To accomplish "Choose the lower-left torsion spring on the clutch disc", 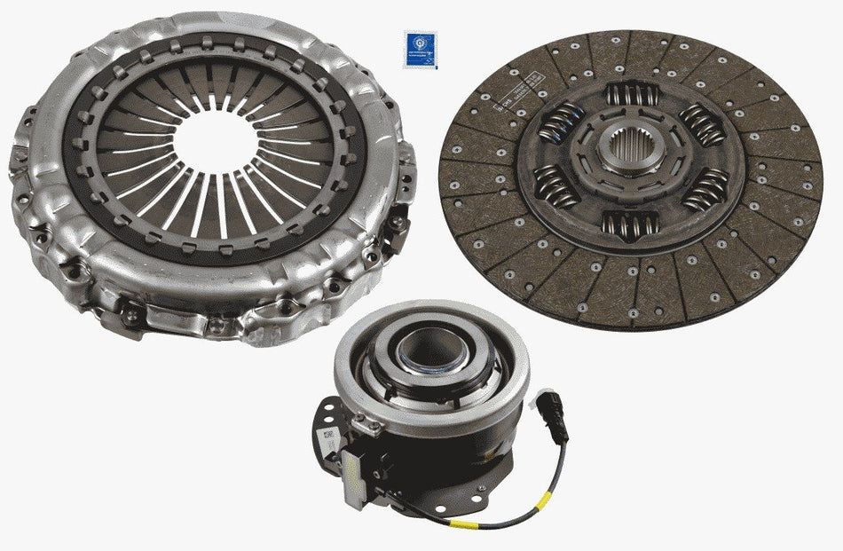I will click(556, 188).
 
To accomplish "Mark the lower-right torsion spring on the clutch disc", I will click(705, 188).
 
